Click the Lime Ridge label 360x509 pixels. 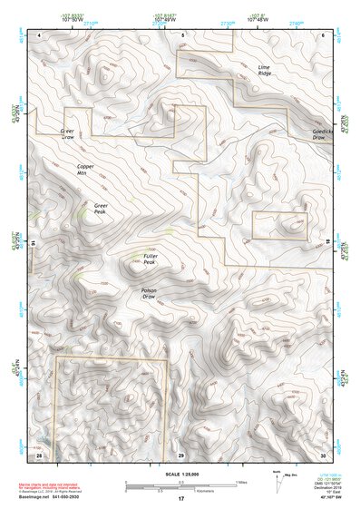tap(265, 71)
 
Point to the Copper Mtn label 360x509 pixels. tap(86, 170)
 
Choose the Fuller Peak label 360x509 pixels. tap(150, 259)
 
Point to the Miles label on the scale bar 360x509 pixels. tap(240, 480)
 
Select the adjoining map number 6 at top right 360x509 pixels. tap(323, 34)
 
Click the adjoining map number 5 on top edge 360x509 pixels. tap(181, 34)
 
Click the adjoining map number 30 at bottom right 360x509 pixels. tap(322, 454)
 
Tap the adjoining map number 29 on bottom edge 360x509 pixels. tap(181, 454)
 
